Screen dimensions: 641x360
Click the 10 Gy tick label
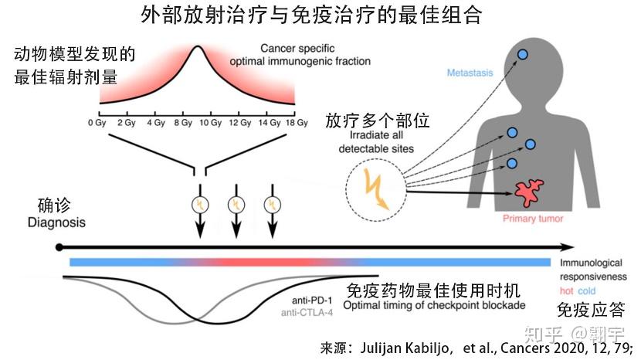(x=211, y=123)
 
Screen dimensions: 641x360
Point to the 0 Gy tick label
(x=97, y=123)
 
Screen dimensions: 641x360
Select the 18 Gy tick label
(x=297, y=123)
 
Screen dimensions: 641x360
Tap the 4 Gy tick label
(x=156, y=123)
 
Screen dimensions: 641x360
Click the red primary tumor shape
(x=528, y=192)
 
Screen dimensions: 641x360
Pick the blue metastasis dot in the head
(x=522, y=54)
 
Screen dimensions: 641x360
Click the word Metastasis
(x=470, y=73)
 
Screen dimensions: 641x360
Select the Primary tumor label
(x=533, y=219)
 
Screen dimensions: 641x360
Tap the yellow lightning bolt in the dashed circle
(x=376, y=189)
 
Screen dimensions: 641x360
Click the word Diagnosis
(x=56, y=222)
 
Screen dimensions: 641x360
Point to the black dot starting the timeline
(x=59, y=247)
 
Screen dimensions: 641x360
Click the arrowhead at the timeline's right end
(x=568, y=247)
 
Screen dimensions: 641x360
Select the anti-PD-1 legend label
(x=312, y=301)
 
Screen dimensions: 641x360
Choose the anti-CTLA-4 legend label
(x=307, y=313)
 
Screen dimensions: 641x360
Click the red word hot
(x=567, y=291)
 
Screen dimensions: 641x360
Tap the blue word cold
(x=587, y=291)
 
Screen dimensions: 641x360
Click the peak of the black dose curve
(x=198, y=46)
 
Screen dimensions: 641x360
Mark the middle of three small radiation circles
(x=236, y=205)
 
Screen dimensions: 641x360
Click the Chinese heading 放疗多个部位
(x=378, y=121)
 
